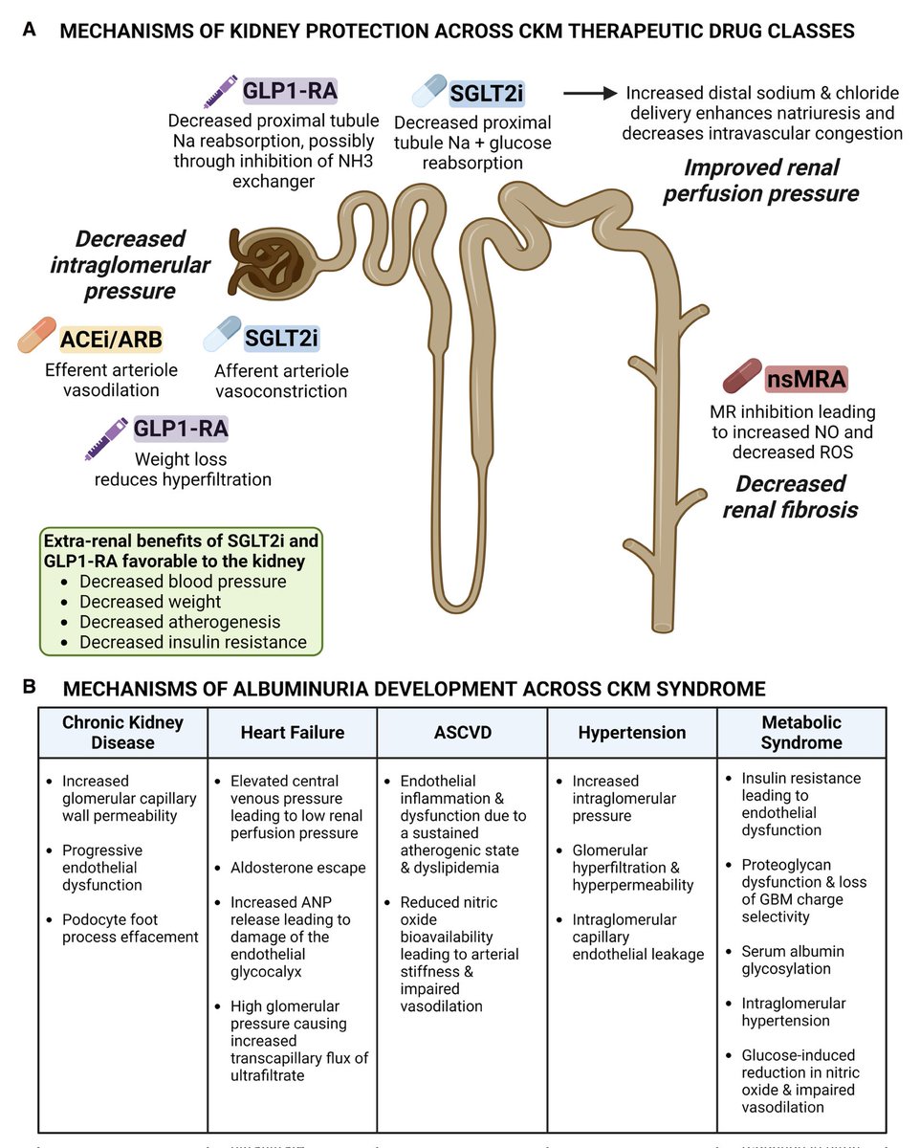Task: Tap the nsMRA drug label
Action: pos(805,379)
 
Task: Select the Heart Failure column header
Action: pos(293,733)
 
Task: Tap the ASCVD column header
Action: pos(462,733)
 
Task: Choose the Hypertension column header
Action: pos(632,733)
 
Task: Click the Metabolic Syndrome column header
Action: pos(801,733)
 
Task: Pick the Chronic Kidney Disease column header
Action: pos(122,733)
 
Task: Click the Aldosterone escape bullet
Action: pos(297,868)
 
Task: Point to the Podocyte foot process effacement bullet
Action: pos(130,928)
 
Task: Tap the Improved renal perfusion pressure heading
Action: pos(770,181)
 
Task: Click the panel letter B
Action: pos(30,686)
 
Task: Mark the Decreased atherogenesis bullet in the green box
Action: pos(180,622)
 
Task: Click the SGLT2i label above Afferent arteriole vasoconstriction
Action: pos(280,338)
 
